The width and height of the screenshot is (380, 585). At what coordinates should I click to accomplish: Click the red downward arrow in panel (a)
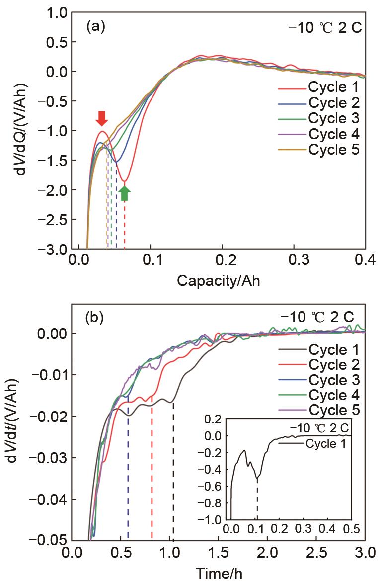pos(101,118)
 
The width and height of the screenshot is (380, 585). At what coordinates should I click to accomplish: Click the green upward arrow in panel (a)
pos(125,193)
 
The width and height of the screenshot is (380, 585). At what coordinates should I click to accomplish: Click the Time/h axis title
pos(219,574)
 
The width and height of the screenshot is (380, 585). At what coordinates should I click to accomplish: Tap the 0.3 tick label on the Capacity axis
pos(294,260)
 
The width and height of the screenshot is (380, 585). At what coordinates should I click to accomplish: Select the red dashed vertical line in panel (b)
pos(152,472)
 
